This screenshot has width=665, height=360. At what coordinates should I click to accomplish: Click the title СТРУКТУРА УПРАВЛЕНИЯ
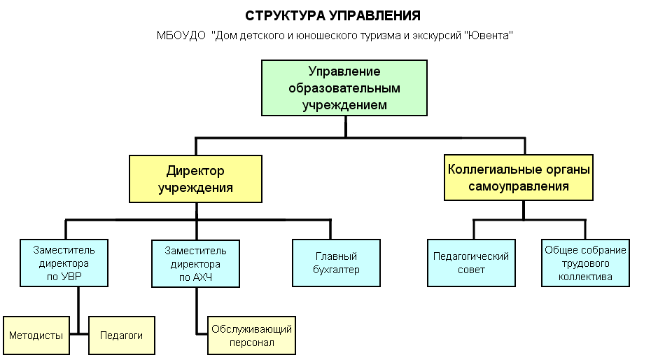pyautogui.click(x=332, y=15)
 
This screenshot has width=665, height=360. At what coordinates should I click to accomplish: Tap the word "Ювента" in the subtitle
pyautogui.click(x=489, y=35)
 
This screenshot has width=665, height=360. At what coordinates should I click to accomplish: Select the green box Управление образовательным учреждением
pyautogui.click(x=344, y=88)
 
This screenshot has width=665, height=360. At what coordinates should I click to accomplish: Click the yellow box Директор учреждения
pyautogui.click(x=195, y=179)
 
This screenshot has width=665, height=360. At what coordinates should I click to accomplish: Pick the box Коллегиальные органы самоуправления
pyautogui.click(x=518, y=177)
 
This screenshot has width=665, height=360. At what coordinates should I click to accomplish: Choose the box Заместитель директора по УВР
pyautogui.click(x=64, y=263)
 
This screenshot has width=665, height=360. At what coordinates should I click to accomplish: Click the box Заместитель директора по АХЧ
pyautogui.click(x=195, y=263)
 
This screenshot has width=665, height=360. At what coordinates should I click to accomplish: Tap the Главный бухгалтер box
pyautogui.click(x=336, y=263)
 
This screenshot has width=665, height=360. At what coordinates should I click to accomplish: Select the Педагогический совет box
pyautogui.click(x=471, y=263)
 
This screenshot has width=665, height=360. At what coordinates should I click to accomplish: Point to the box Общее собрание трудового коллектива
pyautogui.click(x=585, y=263)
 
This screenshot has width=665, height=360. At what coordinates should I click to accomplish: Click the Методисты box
pyautogui.click(x=36, y=335)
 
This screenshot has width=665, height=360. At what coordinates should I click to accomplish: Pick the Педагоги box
pyautogui.click(x=122, y=335)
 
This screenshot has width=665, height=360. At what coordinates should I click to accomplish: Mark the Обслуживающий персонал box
pyautogui.click(x=251, y=335)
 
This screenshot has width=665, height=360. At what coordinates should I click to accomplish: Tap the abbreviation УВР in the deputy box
pyautogui.click(x=71, y=277)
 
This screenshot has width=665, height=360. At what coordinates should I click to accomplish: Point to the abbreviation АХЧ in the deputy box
pyautogui.click(x=202, y=277)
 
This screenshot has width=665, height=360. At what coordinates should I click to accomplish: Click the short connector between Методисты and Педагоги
pyautogui.click(x=79, y=334)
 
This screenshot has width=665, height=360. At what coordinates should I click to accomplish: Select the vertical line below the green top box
pyautogui.click(x=346, y=127)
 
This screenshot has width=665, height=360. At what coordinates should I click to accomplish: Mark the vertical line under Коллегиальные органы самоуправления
pyautogui.click(x=524, y=210)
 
